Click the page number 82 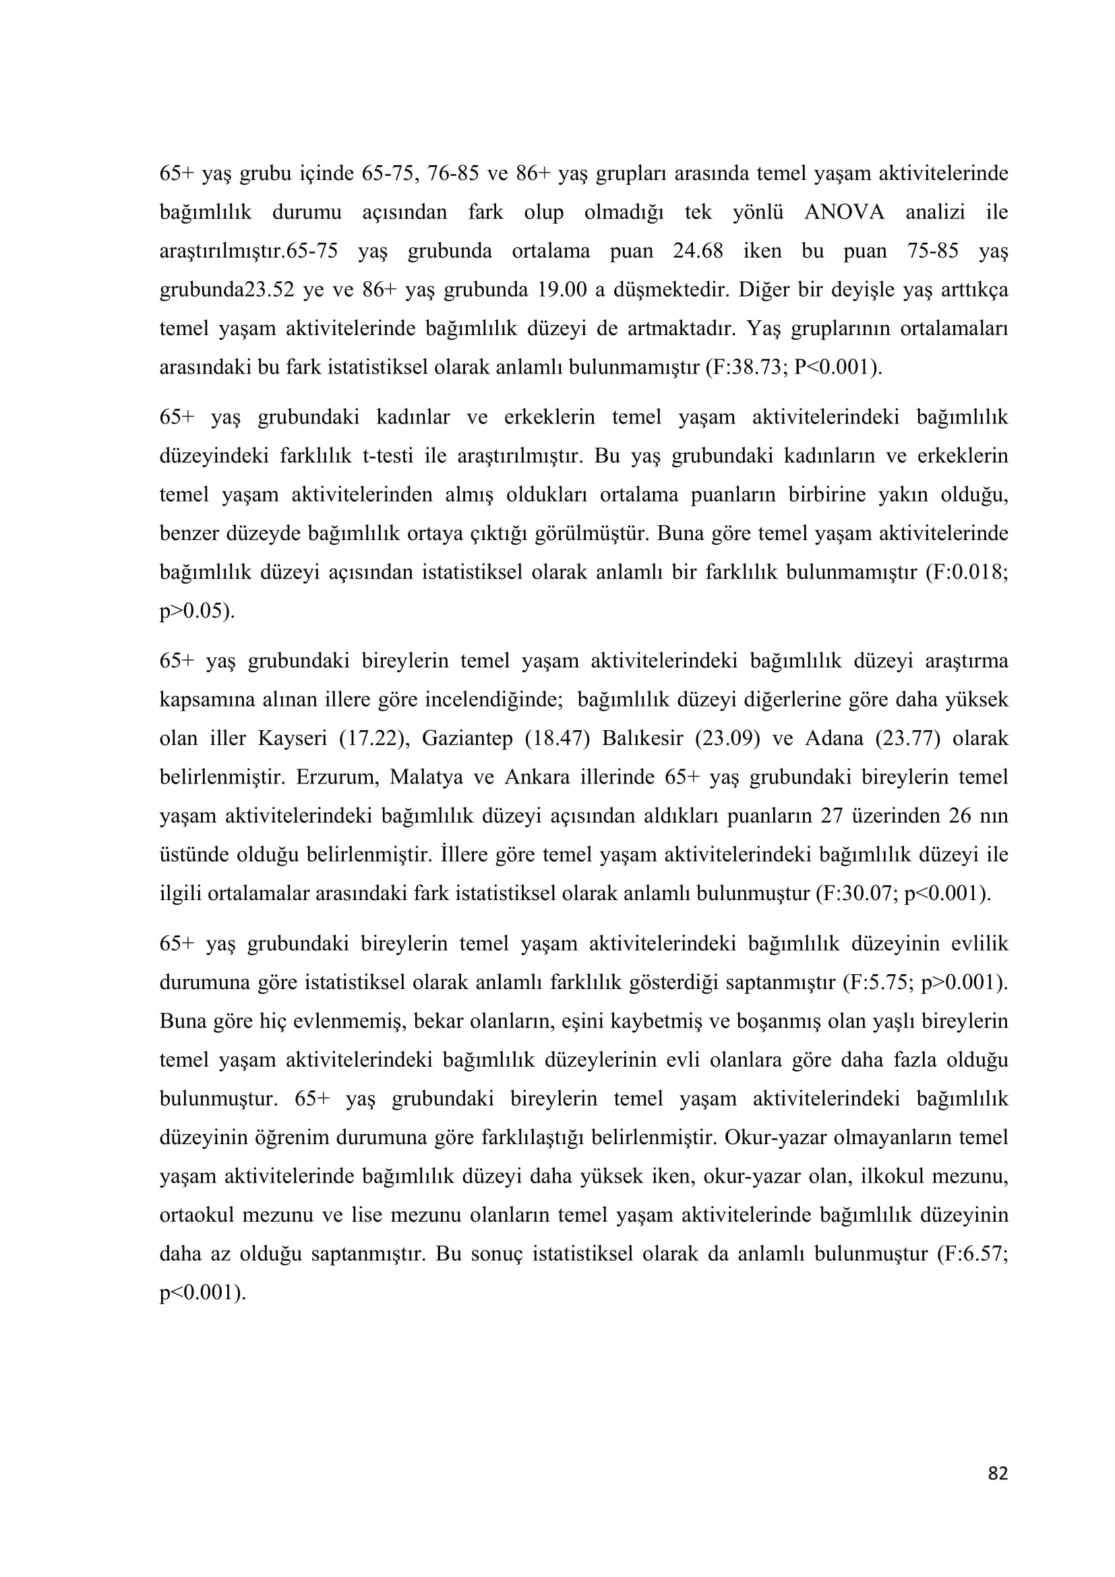click(x=998, y=1493)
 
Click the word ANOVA click(x=844, y=212)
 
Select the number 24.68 click(x=698, y=251)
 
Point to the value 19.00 click(x=562, y=290)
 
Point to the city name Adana click(x=833, y=739)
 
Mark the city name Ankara click(x=537, y=777)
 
